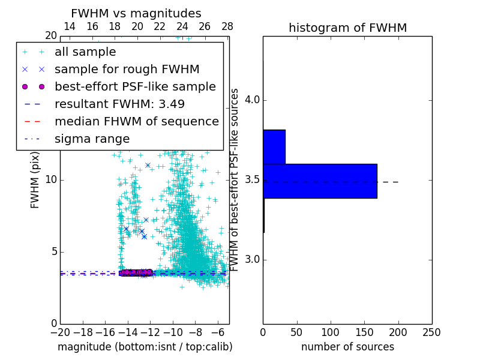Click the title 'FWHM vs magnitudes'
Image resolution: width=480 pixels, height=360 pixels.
point(136,13)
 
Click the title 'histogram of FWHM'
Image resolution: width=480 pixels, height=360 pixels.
point(347,28)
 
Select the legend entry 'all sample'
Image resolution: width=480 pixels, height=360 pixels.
point(85,52)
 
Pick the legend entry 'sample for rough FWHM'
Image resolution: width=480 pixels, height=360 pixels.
point(127,69)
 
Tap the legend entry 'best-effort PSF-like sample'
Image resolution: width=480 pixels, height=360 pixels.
point(135,86)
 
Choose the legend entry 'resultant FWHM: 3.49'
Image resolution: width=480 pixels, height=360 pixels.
point(125,104)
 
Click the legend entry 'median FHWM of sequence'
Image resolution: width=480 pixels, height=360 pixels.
point(137,121)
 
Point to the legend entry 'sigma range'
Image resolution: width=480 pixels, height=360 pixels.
point(92,139)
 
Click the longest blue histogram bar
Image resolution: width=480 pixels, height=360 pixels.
point(320,181)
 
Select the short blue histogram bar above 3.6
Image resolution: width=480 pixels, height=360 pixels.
point(274,146)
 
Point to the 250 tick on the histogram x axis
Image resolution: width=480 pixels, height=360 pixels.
point(432,332)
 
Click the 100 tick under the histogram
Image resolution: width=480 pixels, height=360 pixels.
point(331,332)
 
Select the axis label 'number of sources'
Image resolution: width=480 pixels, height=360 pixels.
point(347,347)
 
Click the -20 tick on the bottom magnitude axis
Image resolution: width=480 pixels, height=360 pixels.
point(60,332)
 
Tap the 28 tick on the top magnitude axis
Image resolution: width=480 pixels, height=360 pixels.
point(227,26)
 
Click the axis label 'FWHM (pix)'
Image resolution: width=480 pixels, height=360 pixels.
point(35,179)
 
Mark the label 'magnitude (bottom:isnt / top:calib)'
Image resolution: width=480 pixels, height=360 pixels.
point(145,347)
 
